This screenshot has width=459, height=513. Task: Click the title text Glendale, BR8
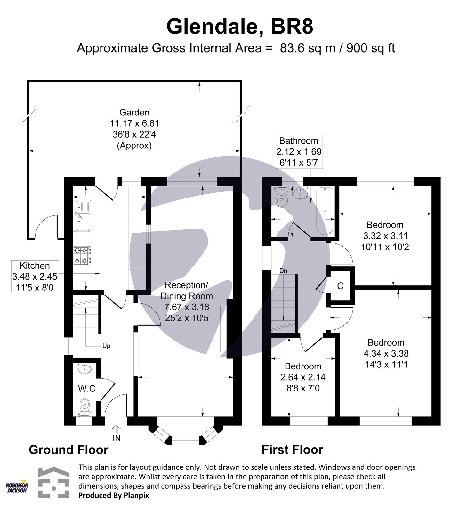(x=239, y=27)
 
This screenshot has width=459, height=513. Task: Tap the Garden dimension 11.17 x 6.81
(x=134, y=123)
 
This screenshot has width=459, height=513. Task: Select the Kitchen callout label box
(x=35, y=276)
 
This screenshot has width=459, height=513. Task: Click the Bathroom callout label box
(x=299, y=152)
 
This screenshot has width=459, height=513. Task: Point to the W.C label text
(x=87, y=389)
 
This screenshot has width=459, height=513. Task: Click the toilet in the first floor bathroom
(x=282, y=198)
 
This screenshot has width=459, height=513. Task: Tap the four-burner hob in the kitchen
(x=82, y=256)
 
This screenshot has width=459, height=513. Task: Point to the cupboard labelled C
(x=340, y=286)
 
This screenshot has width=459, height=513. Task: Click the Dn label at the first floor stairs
(x=283, y=271)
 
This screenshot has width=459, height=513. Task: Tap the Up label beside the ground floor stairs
(x=106, y=346)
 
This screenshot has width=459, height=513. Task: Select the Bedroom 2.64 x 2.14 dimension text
(x=303, y=377)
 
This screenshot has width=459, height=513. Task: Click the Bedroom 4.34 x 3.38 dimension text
(x=386, y=354)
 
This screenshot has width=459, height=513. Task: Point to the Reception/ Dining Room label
(x=186, y=290)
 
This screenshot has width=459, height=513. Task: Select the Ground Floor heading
(x=68, y=450)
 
